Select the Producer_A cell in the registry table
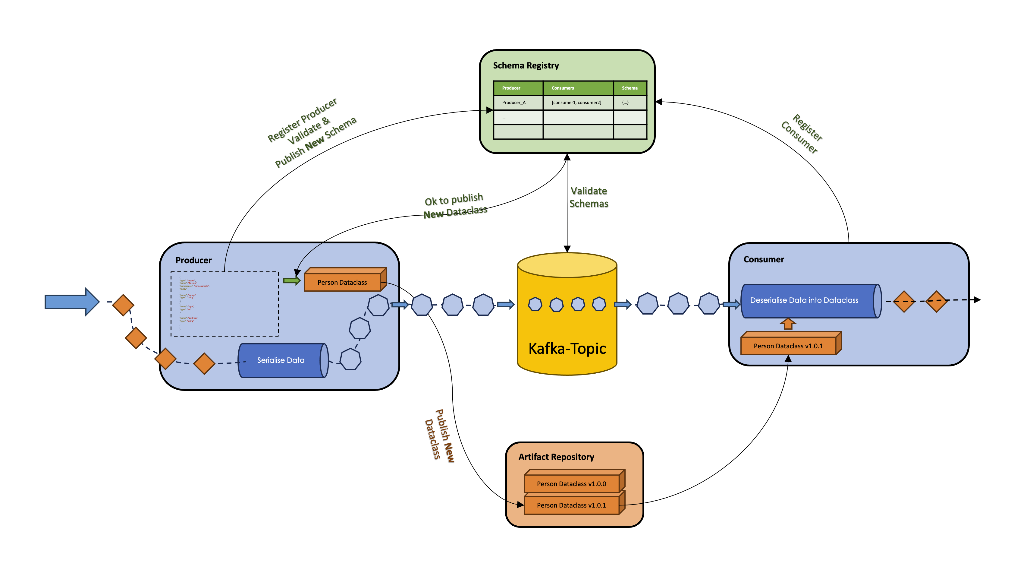514,103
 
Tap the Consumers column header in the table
563,88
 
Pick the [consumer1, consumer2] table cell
576,103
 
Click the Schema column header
629,88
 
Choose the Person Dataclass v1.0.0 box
571,484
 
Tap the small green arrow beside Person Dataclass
291,280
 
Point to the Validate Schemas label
589,197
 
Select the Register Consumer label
802,134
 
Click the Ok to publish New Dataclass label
455,206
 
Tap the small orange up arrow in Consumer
788,324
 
